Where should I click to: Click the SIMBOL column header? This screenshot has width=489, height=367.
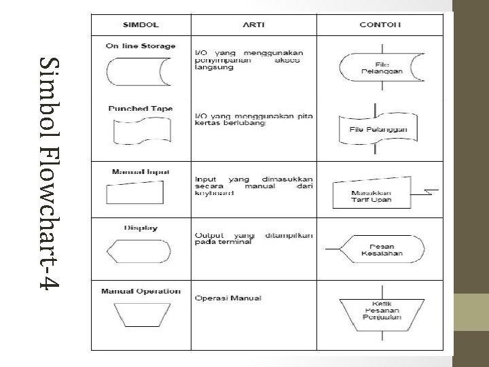(141, 24)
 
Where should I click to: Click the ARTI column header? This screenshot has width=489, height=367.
(253, 24)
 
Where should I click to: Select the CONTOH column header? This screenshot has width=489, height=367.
(380, 24)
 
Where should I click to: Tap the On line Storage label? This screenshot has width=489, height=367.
(141, 46)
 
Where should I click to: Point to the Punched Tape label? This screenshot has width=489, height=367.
(141, 108)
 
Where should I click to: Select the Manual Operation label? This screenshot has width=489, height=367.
(141, 292)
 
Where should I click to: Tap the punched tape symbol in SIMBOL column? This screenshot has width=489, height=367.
(141, 130)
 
